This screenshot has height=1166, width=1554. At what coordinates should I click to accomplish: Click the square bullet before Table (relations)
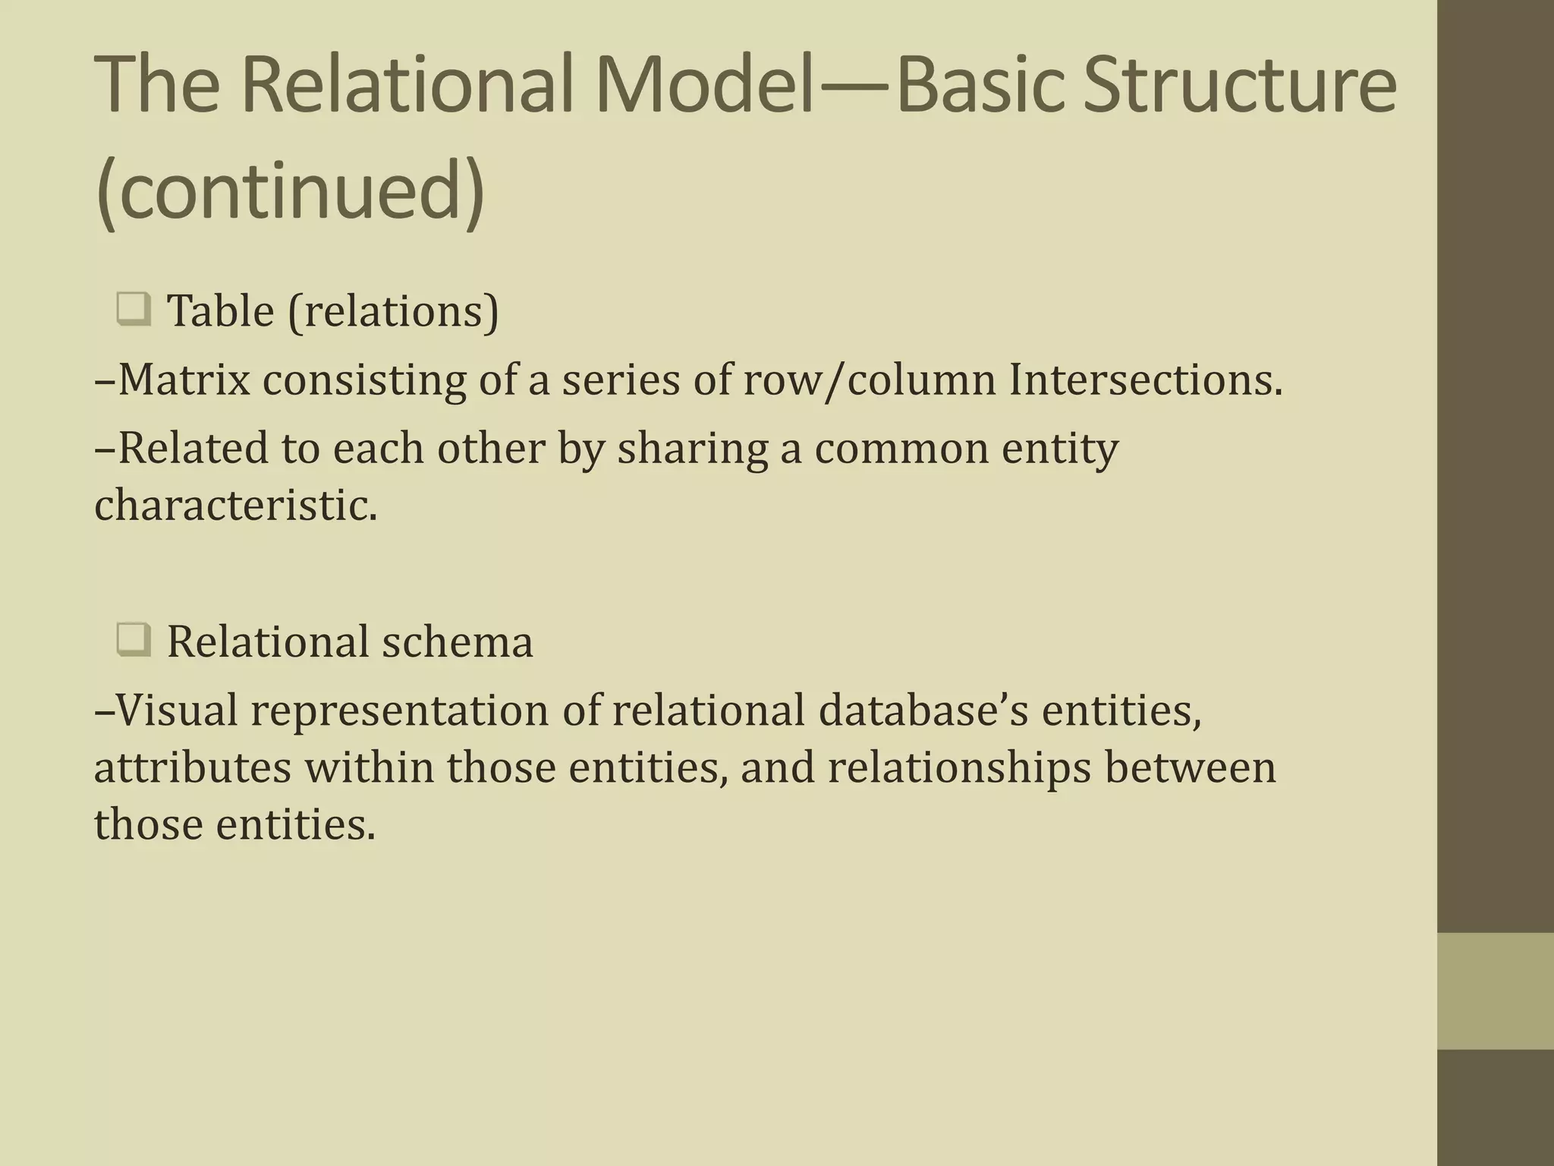134,310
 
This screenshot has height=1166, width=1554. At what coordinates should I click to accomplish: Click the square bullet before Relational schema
134,641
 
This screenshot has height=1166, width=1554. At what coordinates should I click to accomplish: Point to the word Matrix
184,380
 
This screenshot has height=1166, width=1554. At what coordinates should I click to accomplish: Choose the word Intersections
1145,380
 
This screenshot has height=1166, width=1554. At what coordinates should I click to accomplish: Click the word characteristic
235,505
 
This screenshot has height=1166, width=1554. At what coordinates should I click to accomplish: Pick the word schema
457,641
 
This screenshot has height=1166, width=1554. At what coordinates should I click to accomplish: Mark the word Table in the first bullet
220,311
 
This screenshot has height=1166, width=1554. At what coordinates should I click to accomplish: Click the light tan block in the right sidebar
1496,991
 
